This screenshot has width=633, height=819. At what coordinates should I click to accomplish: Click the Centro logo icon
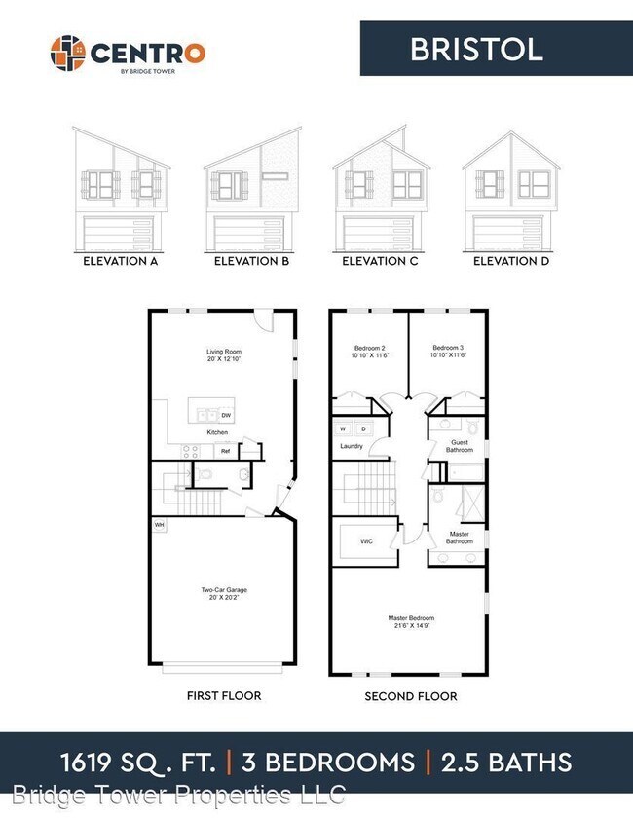[68, 53]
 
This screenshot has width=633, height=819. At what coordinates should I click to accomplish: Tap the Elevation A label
[121, 262]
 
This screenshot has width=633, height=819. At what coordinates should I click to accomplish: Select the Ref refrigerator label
[225, 451]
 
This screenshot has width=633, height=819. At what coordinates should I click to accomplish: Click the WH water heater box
[159, 525]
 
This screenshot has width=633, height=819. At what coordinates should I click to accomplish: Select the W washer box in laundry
[343, 428]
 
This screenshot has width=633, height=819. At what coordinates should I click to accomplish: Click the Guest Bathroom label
[460, 447]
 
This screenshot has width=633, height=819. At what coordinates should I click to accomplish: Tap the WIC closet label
[366, 541]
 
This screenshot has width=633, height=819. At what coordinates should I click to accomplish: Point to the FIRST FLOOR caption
[223, 696]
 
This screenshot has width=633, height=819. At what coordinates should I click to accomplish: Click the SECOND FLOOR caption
[411, 696]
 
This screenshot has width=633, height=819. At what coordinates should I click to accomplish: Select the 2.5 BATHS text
[506, 763]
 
